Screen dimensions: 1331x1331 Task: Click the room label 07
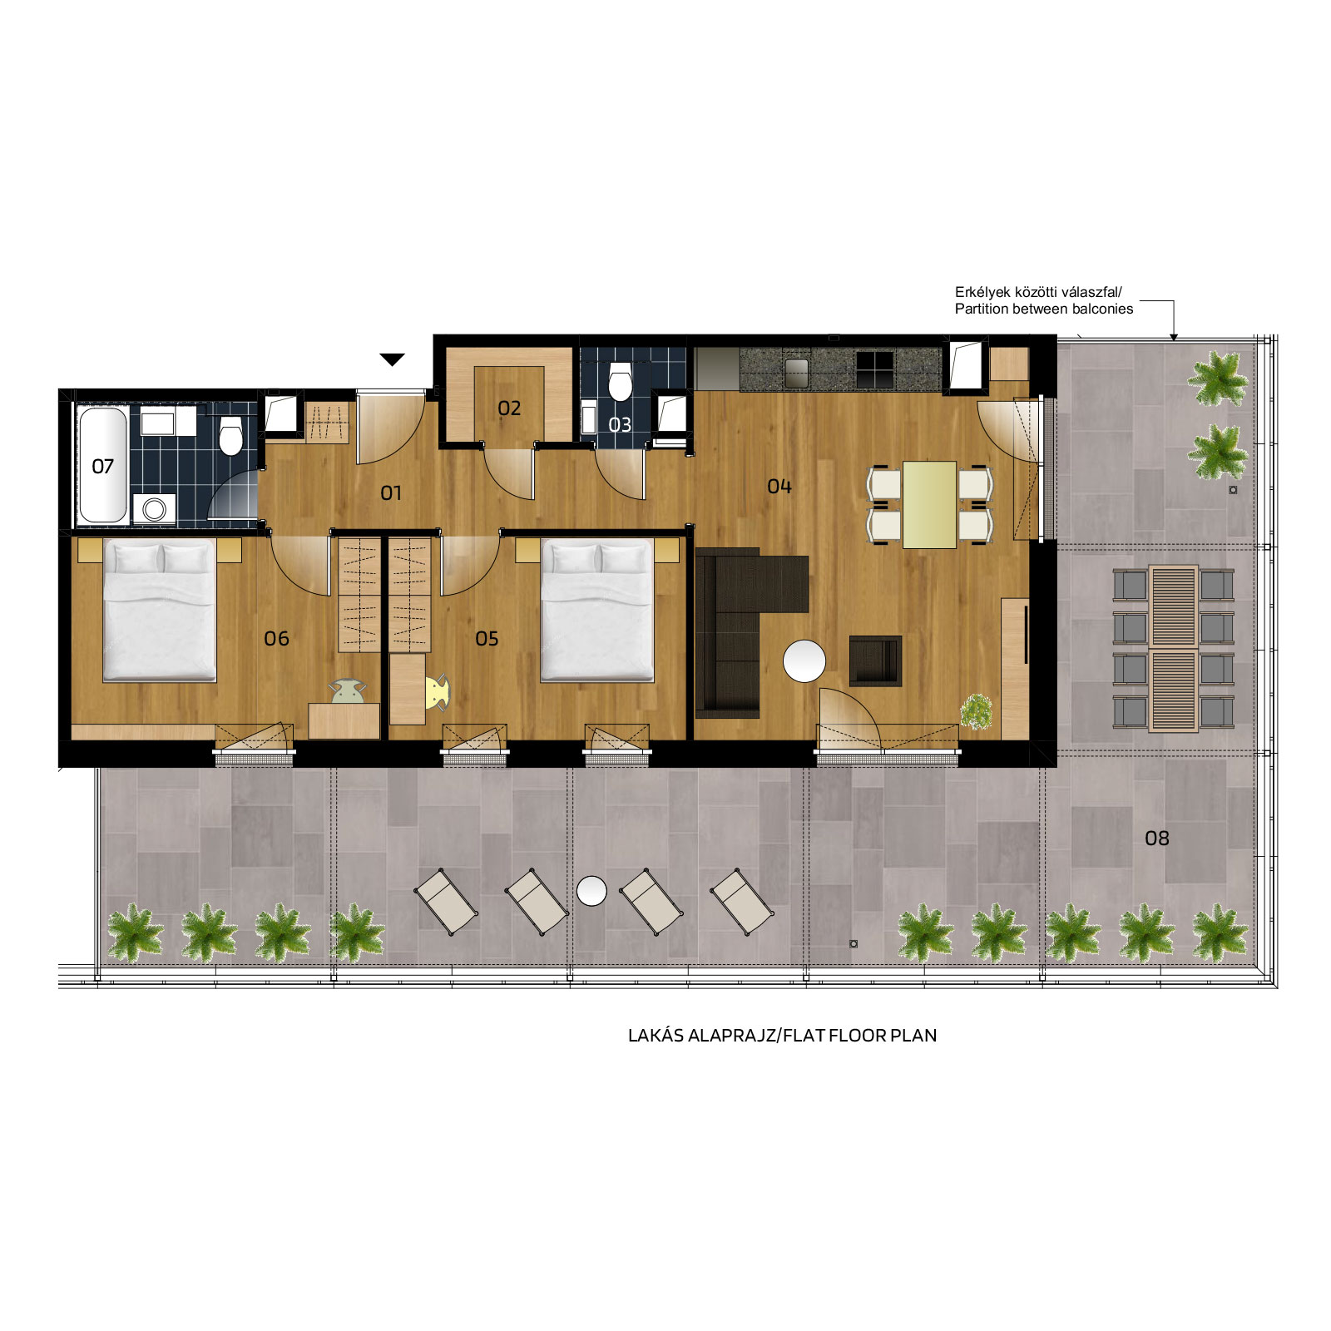click(x=102, y=467)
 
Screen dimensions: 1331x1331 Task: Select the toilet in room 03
click(x=620, y=381)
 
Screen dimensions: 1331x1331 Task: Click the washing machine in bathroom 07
click(x=154, y=509)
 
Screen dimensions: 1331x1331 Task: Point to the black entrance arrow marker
click(x=392, y=359)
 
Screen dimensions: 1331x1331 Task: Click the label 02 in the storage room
click(x=509, y=408)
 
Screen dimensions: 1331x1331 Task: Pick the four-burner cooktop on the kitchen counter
click(x=874, y=369)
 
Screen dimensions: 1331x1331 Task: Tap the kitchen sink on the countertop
click(x=796, y=373)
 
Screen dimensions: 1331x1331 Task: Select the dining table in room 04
click(x=929, y=505)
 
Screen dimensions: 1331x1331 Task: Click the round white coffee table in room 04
click(x=804, y=661)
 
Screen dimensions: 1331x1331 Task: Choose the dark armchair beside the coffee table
click(x=875, y=661)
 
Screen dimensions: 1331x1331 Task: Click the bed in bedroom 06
click(x=160, y=611)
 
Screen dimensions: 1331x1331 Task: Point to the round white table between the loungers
click(x=591, y=891)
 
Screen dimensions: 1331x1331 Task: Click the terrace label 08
click(x=1157, y=839)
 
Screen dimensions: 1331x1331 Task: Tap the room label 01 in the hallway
click(x=391, y=493)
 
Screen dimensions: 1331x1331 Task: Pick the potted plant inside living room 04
click(x=977, y=712)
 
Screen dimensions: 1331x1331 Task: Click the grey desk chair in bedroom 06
click(x=348, y=691)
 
